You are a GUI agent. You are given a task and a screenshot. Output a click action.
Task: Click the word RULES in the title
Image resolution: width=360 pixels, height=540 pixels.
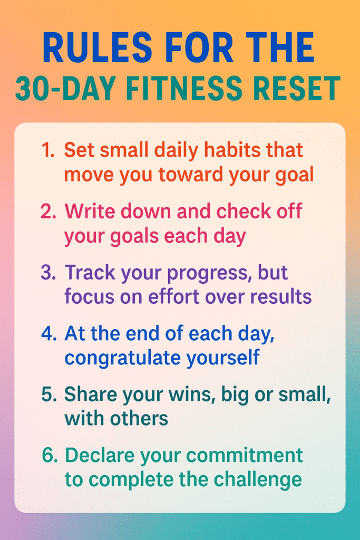(98, 47)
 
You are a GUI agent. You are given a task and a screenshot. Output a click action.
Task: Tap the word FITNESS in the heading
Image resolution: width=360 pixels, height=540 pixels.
(184, 88)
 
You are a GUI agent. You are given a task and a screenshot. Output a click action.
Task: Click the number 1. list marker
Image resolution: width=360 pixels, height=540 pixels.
(48, 150)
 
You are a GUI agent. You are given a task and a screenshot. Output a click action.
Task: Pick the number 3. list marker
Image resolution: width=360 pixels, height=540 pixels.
(48, 273)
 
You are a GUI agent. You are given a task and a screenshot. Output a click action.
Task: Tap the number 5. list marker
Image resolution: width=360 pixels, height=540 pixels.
(49, 394)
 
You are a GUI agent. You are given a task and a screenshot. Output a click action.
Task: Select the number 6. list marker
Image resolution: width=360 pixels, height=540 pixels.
(50, 455)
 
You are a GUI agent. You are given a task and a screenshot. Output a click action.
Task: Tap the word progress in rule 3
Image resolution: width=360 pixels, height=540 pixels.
(207, 274)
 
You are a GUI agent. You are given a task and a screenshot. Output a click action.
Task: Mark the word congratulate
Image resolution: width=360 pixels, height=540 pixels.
(122, 359)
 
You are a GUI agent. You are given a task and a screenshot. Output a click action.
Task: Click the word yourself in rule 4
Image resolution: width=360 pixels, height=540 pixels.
(223, 358)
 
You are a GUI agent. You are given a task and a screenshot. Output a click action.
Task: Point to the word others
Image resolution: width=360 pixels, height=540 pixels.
(139, 419)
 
